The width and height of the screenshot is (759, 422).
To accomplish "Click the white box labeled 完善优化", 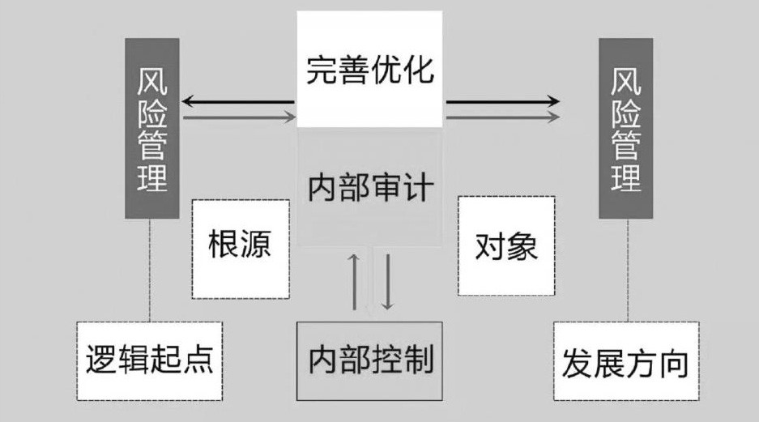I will (x=370, y=69).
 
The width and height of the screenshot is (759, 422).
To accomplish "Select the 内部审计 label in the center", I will (x=370, y=188).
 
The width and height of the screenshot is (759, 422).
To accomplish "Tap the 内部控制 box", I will (x=370, y=360).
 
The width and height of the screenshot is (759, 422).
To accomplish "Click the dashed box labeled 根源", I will (x=240, y=246).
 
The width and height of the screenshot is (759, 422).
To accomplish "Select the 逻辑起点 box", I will (x=150, y=361).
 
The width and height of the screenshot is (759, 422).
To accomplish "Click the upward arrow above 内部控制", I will (x=355, y=281).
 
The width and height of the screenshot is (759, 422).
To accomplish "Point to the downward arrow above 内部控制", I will (x=387, y=281).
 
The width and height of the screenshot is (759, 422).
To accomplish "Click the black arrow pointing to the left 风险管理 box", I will (x=238, y=102).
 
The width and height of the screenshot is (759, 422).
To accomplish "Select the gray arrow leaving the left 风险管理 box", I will (x=238, y=117).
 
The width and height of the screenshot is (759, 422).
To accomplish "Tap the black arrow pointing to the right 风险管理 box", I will (x=502, y=102).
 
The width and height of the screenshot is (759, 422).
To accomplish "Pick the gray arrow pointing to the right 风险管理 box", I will (x=502, y=117).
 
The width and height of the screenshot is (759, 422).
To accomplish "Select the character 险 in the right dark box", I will (x=626, y=113).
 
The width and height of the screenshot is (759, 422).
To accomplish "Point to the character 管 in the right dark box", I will (x=626, y=145).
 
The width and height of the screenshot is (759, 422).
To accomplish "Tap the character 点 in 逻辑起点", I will (x=198, y=361).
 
